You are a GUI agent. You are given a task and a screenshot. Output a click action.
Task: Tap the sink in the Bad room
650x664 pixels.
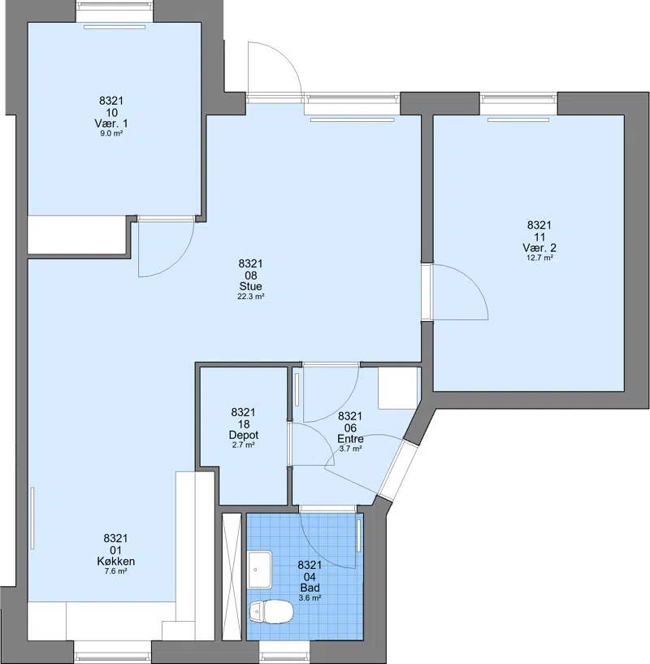(x=261, y=570)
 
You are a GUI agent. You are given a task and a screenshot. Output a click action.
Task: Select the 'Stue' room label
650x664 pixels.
(x=251, y=286)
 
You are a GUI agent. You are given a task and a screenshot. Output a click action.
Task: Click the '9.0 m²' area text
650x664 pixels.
(x=111, y=133)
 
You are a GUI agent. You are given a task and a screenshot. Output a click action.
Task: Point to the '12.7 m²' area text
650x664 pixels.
(x=539, y=258)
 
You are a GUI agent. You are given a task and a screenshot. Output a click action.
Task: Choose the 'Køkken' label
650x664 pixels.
(x=115, y=561)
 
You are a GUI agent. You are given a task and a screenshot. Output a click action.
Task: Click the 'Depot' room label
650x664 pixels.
(x=244, y=435)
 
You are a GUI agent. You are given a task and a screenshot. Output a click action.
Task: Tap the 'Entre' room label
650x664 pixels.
(x=351, y=439)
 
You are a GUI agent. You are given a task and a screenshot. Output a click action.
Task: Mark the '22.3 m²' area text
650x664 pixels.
(x=251, y=297)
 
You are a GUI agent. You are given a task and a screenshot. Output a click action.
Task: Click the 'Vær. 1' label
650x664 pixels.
(x=111, y=124)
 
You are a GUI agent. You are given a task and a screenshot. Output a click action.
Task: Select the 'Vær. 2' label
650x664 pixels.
(x=539, y=247)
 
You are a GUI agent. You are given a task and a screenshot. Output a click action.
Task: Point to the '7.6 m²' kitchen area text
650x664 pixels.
(x=115, y=571)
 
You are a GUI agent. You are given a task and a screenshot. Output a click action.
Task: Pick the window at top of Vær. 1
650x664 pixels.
(x=115, y=15)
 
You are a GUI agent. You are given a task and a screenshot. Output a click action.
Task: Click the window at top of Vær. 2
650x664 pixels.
(x=518, y=104)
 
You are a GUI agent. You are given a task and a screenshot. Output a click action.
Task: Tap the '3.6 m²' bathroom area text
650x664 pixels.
(x=310, y=598)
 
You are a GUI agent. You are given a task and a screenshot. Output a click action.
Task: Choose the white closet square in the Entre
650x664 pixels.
(x=398, y=388)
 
